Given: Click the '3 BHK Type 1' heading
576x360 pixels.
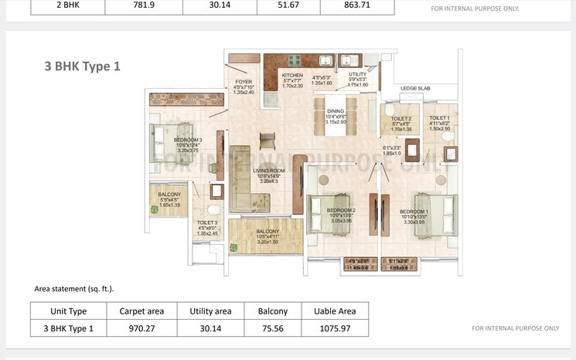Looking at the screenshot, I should click(x=83, y=66).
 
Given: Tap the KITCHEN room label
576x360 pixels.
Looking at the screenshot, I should click(x=292, y=75).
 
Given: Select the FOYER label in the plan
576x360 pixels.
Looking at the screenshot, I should click(x=243, y=81).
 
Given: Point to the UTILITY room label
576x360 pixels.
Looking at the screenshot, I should click(x=357, y=74).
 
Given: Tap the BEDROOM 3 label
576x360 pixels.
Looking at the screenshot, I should click(x=187, y=140).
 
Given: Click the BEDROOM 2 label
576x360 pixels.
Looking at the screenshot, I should click(x=341, y=210).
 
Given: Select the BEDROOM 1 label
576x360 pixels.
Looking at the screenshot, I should click(x=414, y=211).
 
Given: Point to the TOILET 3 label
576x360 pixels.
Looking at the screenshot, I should click(x=207, y=222).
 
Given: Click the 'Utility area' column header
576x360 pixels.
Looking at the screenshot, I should click(x=210, y=311).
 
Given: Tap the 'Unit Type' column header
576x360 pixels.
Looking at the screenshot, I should click(x=67, y=311).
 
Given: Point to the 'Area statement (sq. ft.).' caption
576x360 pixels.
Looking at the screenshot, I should click(x=74, y=288).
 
